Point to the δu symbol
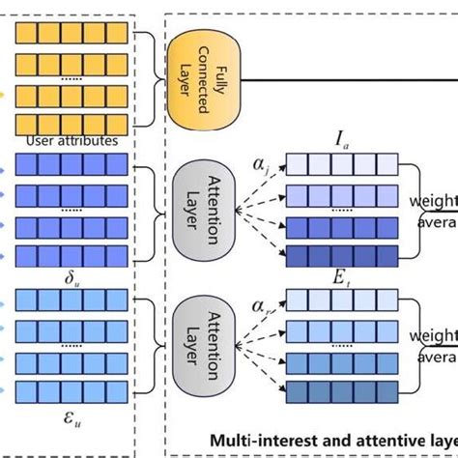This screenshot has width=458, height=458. (71, 278)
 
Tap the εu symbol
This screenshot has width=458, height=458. (71, 419)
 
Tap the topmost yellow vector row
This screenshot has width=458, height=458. (71, 34)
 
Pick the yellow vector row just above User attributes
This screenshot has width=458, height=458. (71, 123)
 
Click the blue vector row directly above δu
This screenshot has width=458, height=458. (71, 255)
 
